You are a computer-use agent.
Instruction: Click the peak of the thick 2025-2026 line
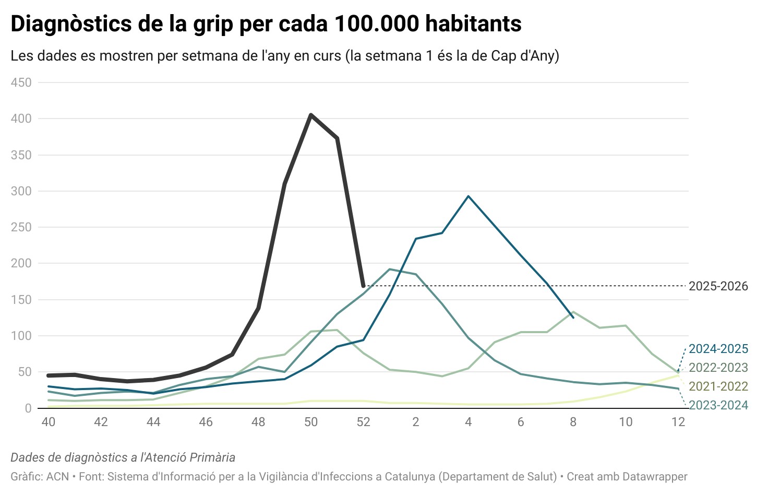(311, 115)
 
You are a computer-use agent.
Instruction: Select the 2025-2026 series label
(718, 286)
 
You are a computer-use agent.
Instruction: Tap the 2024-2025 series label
(718, 349)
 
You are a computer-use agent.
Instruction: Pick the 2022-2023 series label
(718, 368)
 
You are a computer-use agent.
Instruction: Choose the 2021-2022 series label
(718, 386)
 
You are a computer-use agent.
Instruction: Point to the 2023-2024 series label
(718, 405)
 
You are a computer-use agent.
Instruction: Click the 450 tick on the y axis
(21, 83)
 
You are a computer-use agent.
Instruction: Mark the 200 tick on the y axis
(21, 263)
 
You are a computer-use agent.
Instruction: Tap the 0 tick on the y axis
(28, 408)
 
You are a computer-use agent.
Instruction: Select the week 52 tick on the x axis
(363, 422)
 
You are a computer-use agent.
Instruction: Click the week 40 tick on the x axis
(49, 422)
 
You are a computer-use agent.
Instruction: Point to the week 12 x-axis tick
(678, 422)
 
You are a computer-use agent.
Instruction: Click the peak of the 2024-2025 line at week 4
(469, 196)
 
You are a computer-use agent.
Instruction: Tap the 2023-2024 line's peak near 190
(390, 269)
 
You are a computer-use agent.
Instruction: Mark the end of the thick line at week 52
(363, 286)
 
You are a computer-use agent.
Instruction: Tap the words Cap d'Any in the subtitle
(523, 56)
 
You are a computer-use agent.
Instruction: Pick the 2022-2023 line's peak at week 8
(573, 312)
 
